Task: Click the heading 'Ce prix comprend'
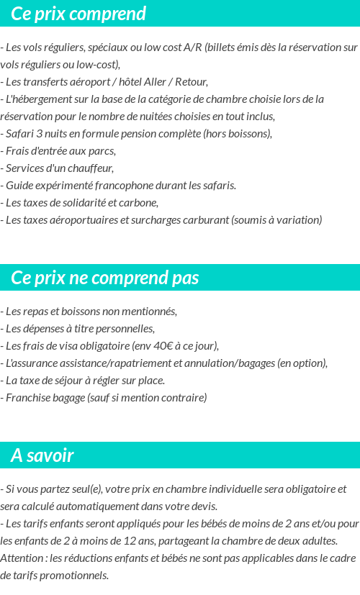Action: (78, 14)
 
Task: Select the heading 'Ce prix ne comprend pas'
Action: (105, 278)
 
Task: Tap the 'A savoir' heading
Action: (42, 455)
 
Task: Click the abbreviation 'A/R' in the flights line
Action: (192, 47)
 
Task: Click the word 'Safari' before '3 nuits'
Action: (21, 134)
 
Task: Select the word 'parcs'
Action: (102, 151)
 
